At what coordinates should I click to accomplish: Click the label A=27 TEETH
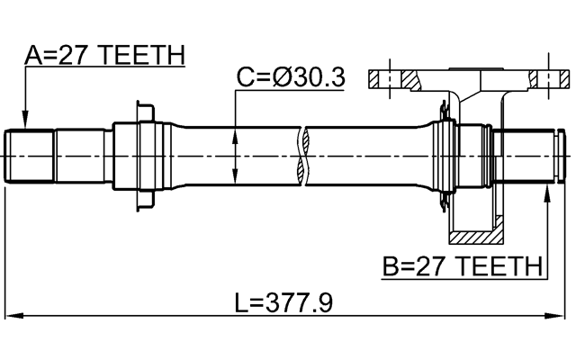pos(103,56)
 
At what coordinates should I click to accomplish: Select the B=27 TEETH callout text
pos(463,267)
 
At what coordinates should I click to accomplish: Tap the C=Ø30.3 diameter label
pos(290,78)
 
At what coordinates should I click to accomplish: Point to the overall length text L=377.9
pos(283,303)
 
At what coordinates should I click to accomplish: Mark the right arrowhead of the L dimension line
pos(559,316)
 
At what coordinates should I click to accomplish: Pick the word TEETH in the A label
pos(143,56)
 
